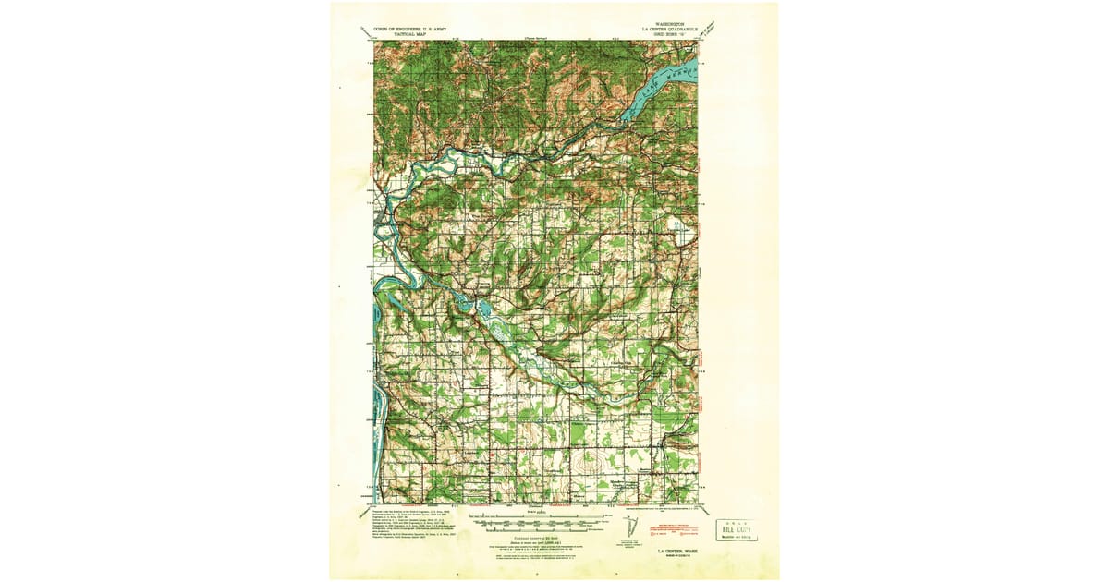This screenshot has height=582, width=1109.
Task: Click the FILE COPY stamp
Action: coord(736,529)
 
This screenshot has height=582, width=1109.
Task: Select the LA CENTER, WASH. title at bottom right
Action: coord(678,550)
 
